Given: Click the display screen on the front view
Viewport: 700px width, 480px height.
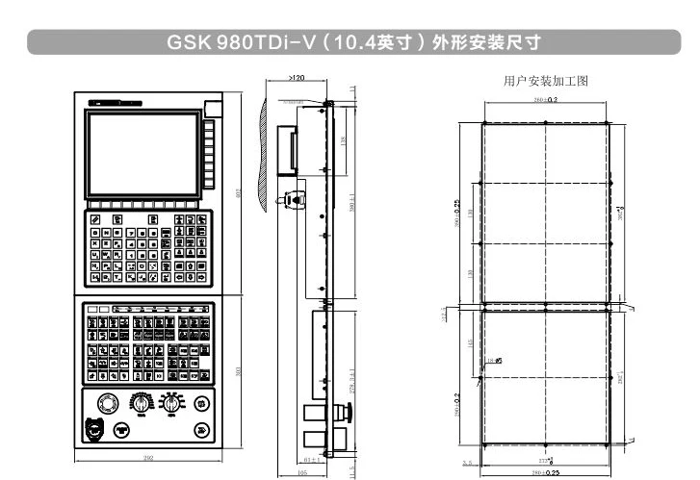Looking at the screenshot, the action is coord(142,152).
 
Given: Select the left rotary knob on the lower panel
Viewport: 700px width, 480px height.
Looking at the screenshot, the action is coord(142,402).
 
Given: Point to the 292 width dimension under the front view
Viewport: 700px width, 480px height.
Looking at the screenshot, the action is coord(148,459).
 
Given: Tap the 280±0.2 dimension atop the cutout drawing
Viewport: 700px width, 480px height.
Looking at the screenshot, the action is coord(546,99).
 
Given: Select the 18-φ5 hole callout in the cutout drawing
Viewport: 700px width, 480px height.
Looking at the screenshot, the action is coord(498,361).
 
